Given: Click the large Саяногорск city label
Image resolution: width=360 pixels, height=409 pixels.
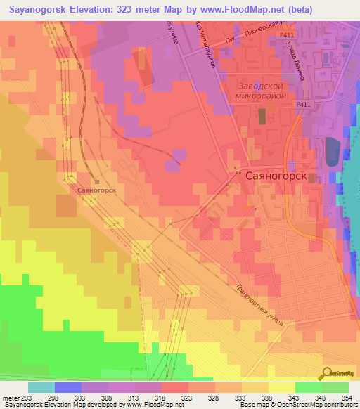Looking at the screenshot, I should pos(276,176).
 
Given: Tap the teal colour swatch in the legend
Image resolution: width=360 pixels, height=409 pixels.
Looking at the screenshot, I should pos(41,387).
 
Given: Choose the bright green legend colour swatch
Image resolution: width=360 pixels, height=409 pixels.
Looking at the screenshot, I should pos(309,387).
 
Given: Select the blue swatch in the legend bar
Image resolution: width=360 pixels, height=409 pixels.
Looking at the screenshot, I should pos(68,387).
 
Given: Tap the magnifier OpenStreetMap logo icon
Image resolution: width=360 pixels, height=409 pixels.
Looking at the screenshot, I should pos(328,373).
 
